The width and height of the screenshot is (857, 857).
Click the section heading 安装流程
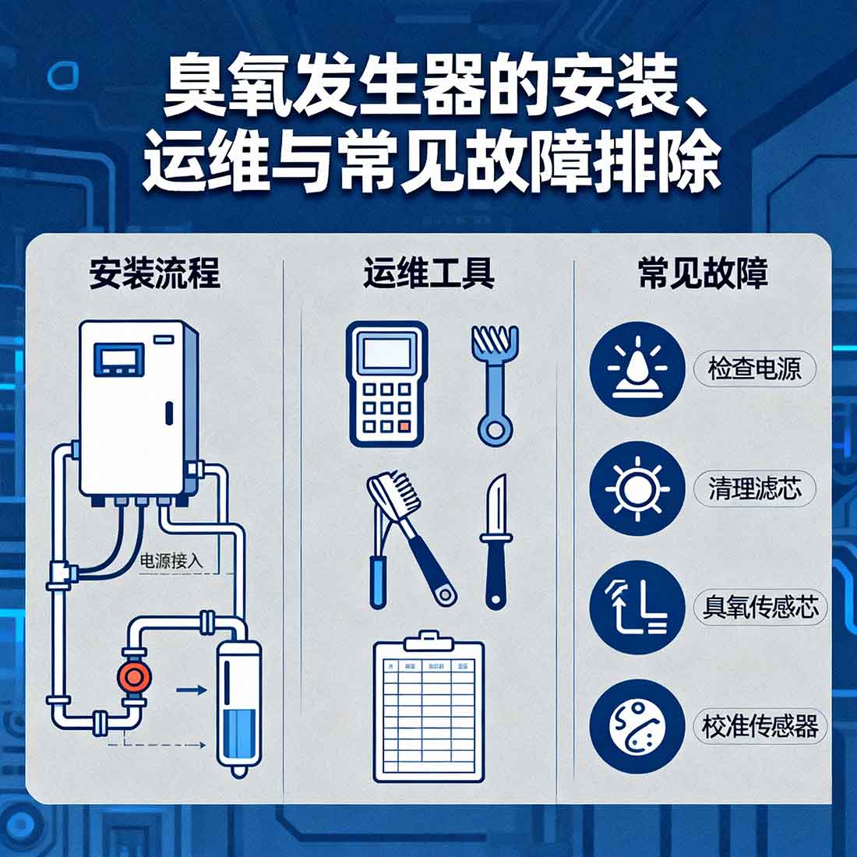pyautogui.click(x=154, y=274)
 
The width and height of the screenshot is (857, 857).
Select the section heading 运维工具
pyautogui.click(x=428, y=274)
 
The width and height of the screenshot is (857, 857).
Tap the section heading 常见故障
pyautogui.click(x=703, y=274)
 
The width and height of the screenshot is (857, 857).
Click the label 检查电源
pyautogui.click(x=753, y=369)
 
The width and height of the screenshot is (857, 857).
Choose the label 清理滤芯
pyautogui.click(x=754, y=488)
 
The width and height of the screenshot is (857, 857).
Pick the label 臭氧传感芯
pyautogui.click(x=760, y=608)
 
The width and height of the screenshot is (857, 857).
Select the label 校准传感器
pyautogui.click(x=760, y=727)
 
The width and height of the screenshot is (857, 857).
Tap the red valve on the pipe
pyautogui.click(x=132, y=675)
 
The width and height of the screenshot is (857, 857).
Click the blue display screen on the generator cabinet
pyautogui.click(x=119, y=361)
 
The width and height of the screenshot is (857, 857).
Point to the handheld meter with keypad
pyautogui.click(x=386, y=383)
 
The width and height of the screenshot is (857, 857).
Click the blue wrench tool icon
pyautogui.click(x=494, y=384)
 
